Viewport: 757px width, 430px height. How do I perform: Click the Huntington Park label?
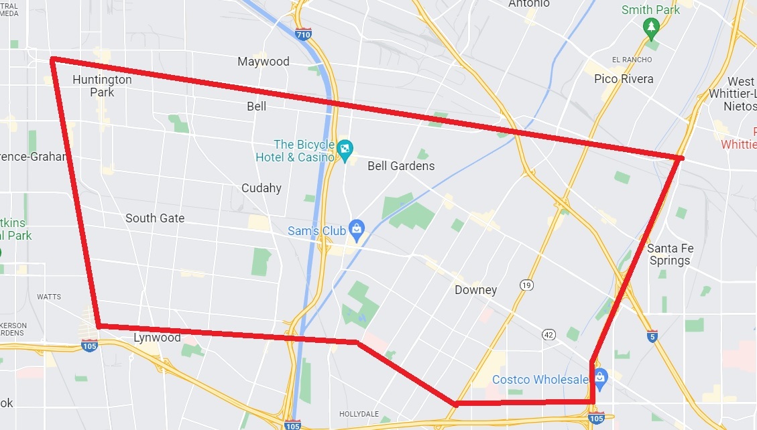tap(102, 86)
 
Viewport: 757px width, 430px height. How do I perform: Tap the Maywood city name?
tap(264, 62)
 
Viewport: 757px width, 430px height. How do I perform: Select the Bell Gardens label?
tap(401, 166)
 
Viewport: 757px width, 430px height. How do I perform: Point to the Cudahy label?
tap(261, 188)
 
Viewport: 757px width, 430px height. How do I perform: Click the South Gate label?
tap(155, 218)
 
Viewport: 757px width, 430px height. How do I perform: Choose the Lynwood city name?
tap(157, 337)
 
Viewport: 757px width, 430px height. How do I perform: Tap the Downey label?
tap(475, 290)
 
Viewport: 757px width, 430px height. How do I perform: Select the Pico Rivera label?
tap(624, 79)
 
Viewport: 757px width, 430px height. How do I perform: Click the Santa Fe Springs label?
tap(671, 255)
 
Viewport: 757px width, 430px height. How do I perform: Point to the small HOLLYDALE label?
tap(359, 414)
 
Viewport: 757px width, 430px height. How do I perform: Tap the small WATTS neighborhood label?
tap(49, 297)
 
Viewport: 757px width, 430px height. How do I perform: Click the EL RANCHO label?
tap(628, 58)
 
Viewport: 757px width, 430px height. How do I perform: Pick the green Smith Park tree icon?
tap(650, 27)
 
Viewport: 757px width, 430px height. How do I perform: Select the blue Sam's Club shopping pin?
tap(356, 230)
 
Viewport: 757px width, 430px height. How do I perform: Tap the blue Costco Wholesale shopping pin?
tap(599, 378)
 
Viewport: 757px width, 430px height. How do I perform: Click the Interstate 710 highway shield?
tap(304, 33)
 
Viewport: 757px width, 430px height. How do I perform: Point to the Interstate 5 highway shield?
tap(652, 335)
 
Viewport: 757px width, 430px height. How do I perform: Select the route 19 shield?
tap(526, 285)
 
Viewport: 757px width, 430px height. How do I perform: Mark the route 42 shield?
tap(549, 334)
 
